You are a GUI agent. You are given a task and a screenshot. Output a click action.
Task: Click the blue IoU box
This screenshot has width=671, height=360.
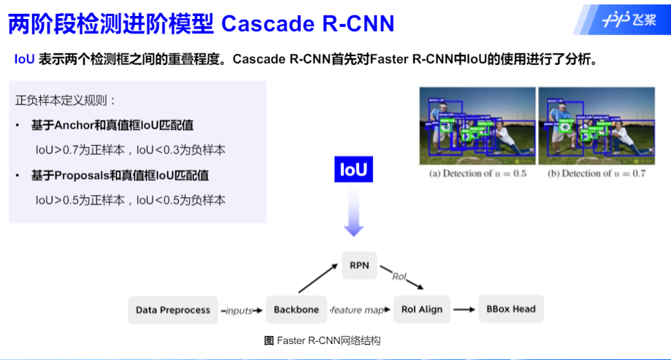353,170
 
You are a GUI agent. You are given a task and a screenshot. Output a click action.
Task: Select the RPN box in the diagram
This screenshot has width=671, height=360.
358,266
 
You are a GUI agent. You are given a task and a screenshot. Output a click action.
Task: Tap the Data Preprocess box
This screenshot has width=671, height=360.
173,310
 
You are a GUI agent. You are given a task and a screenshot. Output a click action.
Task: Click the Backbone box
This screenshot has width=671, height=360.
296,310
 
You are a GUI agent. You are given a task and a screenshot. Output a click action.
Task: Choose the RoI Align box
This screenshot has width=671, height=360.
421,310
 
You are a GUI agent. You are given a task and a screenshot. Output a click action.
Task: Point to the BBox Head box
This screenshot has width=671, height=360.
510,309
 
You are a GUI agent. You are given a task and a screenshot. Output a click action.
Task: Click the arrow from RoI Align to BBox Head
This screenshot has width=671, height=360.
464,310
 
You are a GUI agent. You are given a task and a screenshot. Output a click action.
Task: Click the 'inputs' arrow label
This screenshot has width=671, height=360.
239,310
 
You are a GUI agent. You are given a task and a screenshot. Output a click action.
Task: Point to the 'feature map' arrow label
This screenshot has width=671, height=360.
358,310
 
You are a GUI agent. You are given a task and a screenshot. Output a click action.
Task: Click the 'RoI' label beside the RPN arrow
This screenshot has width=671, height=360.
399,277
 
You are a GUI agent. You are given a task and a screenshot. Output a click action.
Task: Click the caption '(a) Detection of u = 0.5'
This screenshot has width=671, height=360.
478,174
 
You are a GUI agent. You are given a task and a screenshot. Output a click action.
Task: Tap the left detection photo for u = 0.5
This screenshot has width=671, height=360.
478,126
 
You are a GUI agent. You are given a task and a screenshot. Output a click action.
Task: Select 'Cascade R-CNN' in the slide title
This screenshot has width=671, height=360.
307,23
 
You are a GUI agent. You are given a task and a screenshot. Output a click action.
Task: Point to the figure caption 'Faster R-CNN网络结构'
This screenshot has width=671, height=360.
322,341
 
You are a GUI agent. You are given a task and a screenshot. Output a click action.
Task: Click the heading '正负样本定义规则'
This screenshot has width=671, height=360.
66,100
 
